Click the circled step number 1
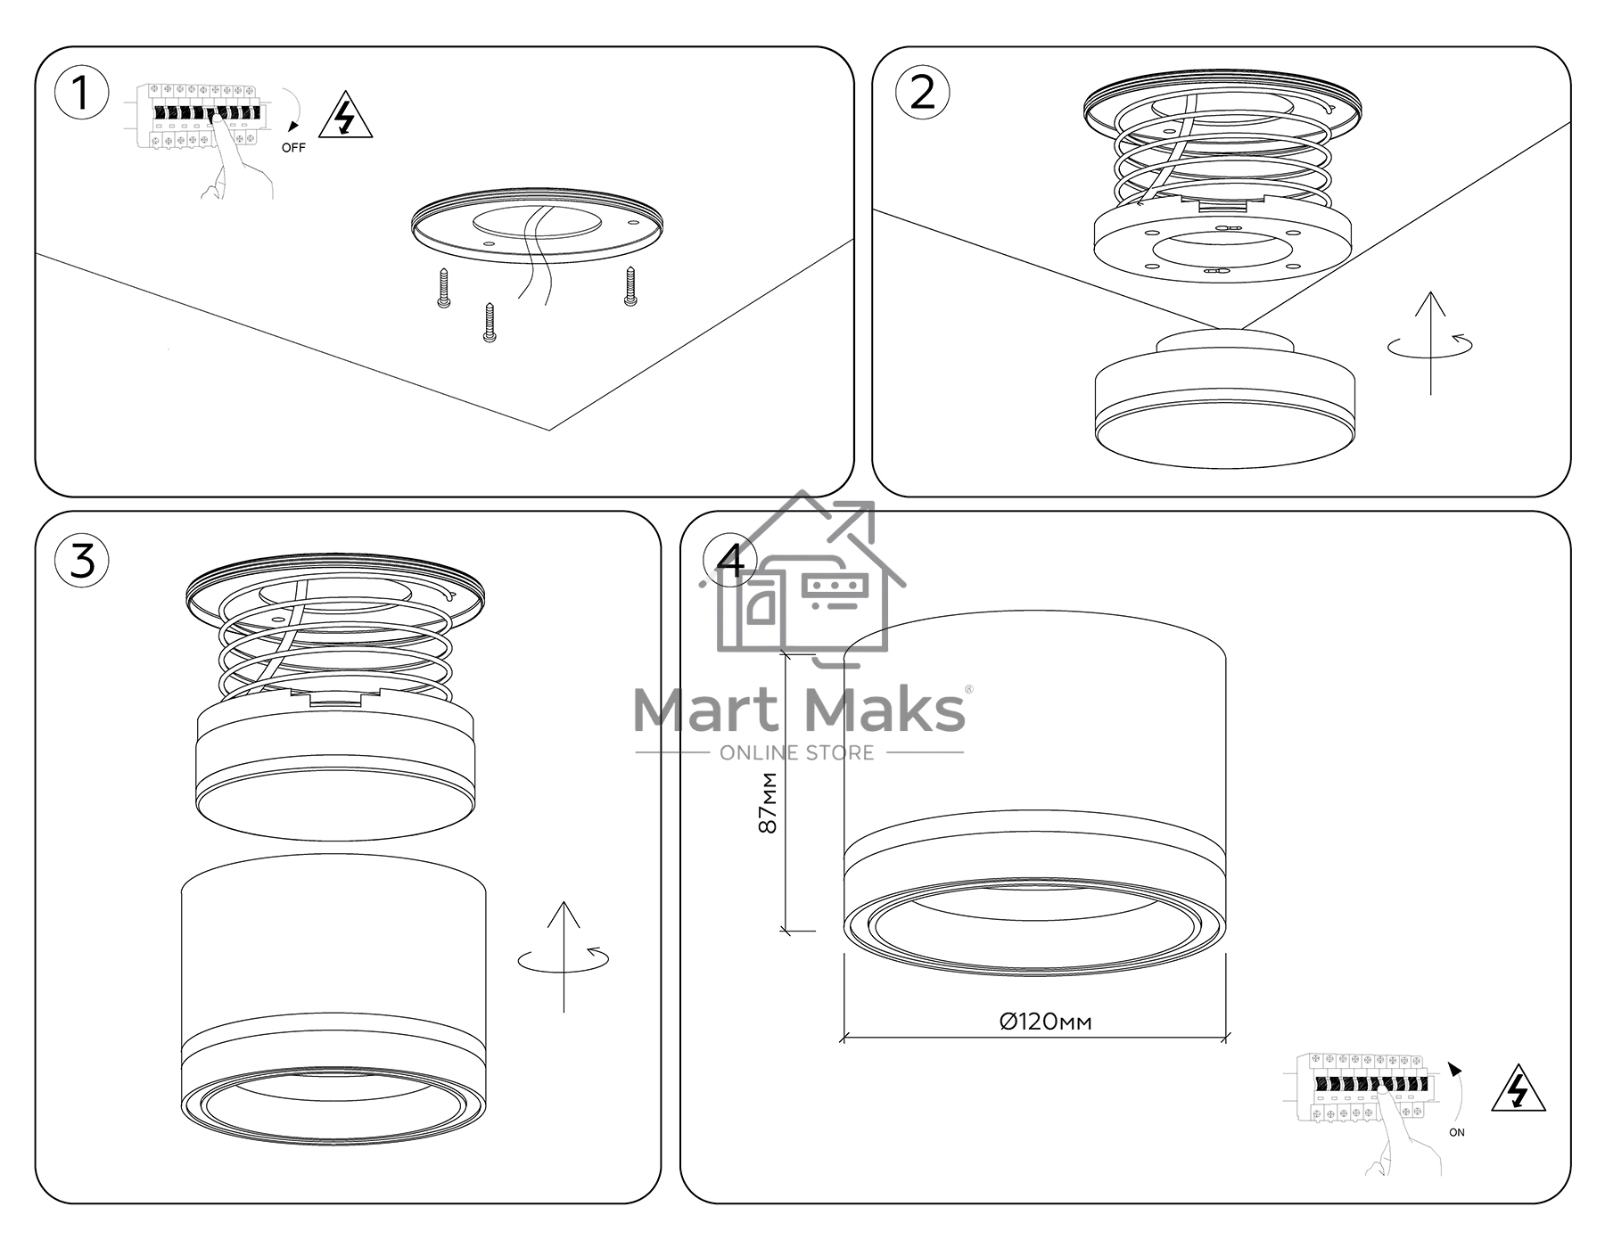click(81, 93)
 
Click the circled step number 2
click(922, 92)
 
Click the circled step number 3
click(82, 561)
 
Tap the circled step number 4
click(730, 562)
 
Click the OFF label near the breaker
click(293, 148)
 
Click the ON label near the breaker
click(1456, 1132)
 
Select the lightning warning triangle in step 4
click(1518, 1088)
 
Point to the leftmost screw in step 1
click(444, 289)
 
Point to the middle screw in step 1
click(489, 323)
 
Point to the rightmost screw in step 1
click(630, 286)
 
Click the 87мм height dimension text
click(768, 802)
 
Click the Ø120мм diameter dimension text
click(1045, 1022)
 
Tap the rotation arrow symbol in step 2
click(1430, 343)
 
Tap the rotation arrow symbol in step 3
click(564, 957)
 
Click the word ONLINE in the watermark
click(758, 753)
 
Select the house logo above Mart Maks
click(802, 579)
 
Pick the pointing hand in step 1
click(236, 160)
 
